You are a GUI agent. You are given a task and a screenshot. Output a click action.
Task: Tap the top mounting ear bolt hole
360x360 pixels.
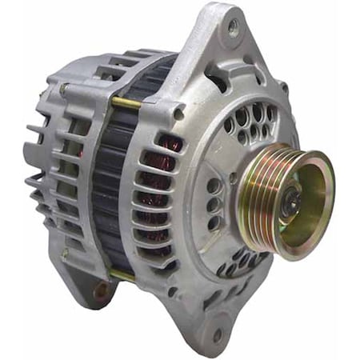click(x=233, y=26)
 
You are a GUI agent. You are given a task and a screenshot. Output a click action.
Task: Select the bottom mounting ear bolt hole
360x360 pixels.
click(x=216, y=334)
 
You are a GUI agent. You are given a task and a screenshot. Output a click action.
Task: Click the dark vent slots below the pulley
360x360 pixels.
click(x=240, y=260)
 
